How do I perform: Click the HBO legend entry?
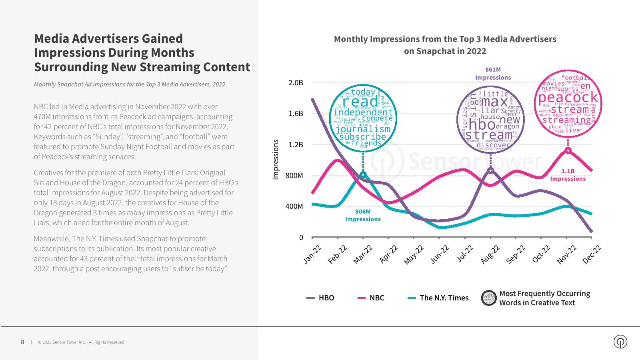coord(320,298)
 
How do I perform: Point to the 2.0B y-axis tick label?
coord(296,83)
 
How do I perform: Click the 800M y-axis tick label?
coord(294,176)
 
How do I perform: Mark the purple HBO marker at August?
coord(491,170)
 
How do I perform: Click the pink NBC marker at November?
coord(568,150)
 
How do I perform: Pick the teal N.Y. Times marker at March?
coord(363,175)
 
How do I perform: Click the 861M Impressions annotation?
coord(493,74)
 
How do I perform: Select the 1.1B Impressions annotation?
coord(568,175)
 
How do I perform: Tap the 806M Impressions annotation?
coord(363,215)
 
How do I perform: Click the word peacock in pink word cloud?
coord(568,98)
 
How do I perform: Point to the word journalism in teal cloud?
coord(363,129)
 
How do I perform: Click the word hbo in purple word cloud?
coord(482,125)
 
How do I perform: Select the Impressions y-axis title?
coord(275,159)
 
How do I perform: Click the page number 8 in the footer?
coord(22,342)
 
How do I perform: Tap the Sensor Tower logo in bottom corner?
coord(620,342)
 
